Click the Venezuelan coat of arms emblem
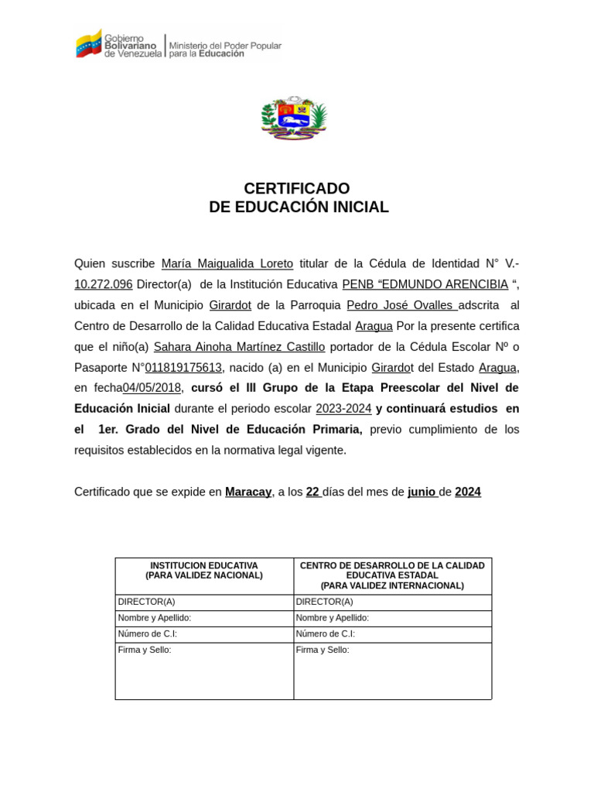tap(294, 118)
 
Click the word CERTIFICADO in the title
tap(296, 188)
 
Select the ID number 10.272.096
tap(104, 284)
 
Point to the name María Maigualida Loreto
tap(227, 263)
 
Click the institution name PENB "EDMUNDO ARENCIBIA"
tap(425, 284)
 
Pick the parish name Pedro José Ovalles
tap(401, 305)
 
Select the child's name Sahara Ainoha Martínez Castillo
tap(239, 346)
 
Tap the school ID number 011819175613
tap(183, 367)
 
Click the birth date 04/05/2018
tap(152, 388)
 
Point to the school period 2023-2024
tap(343, 409)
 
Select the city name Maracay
tap(247, 492)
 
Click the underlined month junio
tap(422, 492)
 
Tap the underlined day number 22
tap(312, 492)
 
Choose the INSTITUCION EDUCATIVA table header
tap(204, 571)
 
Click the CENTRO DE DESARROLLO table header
tap(392, 575)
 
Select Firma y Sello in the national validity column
tap(145, 650)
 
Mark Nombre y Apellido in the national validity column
tap(154, 617)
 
